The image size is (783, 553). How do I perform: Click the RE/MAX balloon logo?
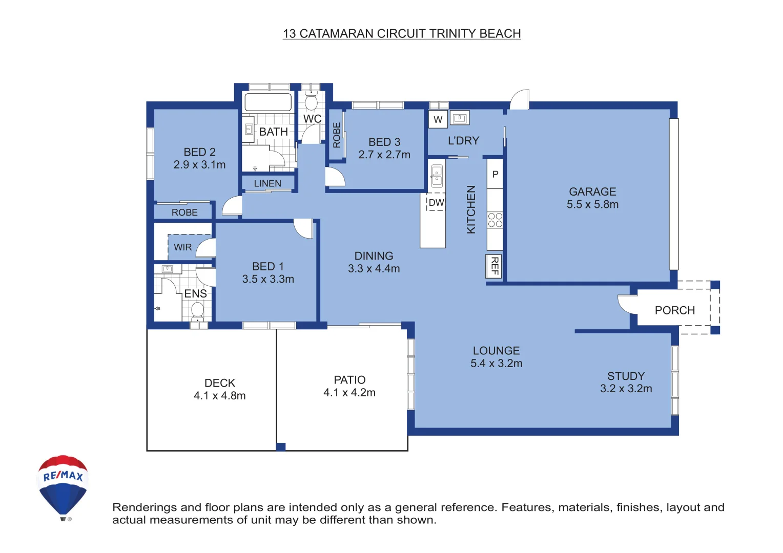[63, 487]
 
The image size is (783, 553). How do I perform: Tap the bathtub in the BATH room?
[268, 102]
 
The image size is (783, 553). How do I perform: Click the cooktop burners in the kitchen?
[495, 220]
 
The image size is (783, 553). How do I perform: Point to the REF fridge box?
[494, 266]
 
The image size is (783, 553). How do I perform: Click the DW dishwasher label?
[436, 202]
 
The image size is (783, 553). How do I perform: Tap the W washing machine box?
[438, 119]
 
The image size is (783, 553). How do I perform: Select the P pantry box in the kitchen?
[495, 174]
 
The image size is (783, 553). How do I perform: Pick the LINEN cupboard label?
[267, 183]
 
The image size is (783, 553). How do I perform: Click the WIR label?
[182, 247]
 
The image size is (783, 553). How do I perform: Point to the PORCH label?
[675, 310]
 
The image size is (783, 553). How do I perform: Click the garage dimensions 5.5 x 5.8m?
[592, 204]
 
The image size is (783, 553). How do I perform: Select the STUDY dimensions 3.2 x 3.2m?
[626, 389]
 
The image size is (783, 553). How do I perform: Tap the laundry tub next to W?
[459, 118]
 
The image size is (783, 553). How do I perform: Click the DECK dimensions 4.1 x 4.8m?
[219, 396]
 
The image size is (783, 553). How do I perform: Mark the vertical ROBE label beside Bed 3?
[336, 135]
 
